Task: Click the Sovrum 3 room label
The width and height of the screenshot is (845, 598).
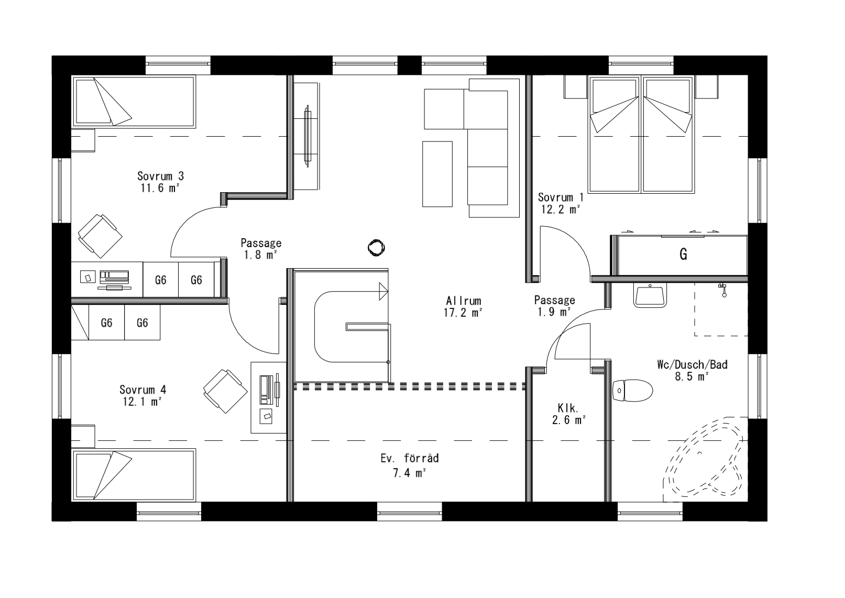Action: (161, 176)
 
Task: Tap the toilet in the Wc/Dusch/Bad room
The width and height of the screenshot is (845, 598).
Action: (633, 391)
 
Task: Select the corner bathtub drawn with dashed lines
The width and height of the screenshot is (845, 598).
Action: (705, 457)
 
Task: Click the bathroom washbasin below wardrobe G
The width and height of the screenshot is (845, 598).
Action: (650, 294)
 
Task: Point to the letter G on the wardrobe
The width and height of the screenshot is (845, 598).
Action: (683, 254)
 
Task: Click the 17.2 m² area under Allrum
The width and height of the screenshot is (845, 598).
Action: (463, 313)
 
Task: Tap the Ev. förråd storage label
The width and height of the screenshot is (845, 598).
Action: (410, 459)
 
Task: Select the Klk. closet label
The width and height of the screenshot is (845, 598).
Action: (567, 407)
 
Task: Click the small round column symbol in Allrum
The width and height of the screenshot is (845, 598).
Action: (376, 248)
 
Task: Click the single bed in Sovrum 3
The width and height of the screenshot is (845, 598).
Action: (134, 102)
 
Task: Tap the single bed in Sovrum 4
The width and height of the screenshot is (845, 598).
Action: (134, 474)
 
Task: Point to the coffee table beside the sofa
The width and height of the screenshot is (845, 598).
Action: (437, 174)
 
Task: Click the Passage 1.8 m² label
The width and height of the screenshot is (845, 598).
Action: (261, 249)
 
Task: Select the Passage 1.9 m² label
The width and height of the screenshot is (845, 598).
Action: (554, 306)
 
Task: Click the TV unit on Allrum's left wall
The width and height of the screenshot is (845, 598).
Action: (307, 136)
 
